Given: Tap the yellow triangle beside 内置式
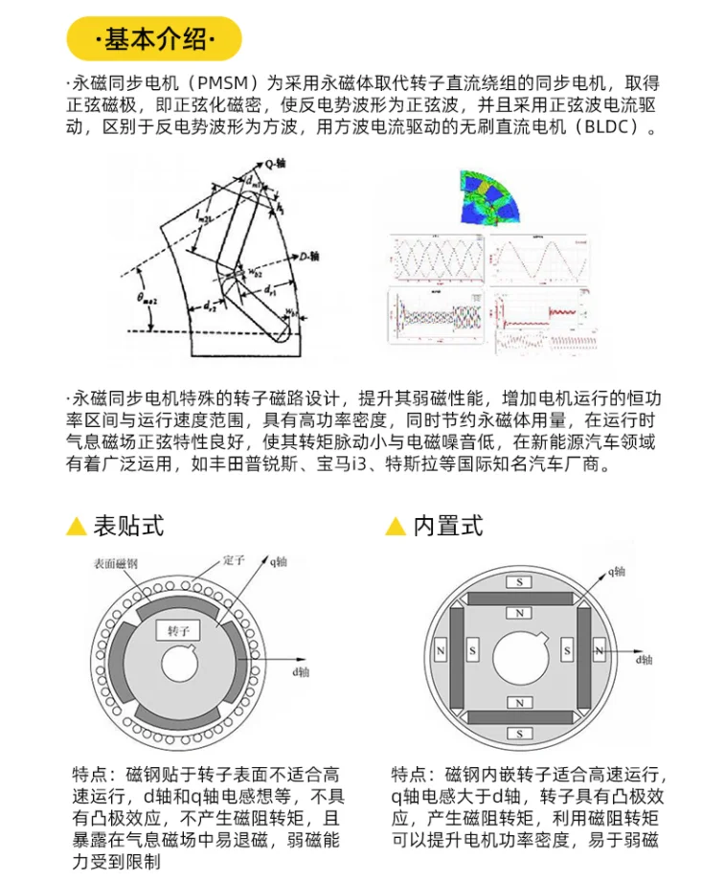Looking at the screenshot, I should pyautogui.click(x=395, y=527).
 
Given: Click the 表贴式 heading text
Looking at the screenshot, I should pyautogui.click(x=128, y=526).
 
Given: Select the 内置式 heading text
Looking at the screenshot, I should pyautogui.click(x=447, y=526).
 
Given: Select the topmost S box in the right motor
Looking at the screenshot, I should pyautogui.click(x=520, y=582).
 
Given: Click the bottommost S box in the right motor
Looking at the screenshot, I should pyautogui.click(x=520, y=734).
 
